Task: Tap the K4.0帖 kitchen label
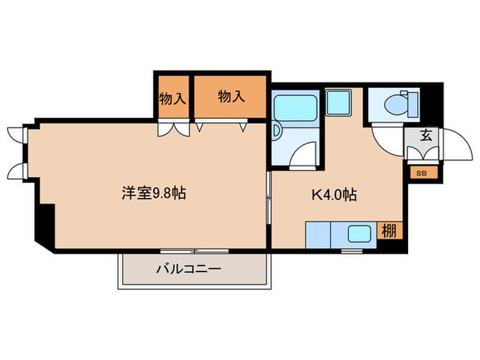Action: [334, 195]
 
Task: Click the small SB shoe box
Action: [421, 173]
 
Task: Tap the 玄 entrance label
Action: [426, 135]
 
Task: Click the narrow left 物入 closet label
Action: [172, 97]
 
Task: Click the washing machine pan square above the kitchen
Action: [338, 102]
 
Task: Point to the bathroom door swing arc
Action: [304, 154]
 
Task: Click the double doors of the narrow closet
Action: [171, 129]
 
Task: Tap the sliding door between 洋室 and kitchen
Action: [269, 199]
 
